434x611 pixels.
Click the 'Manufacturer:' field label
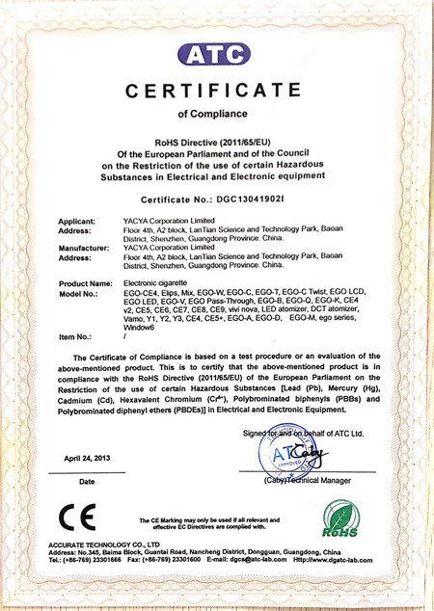[x=84, y=248]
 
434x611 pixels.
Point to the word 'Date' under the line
[x=87, y=481]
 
